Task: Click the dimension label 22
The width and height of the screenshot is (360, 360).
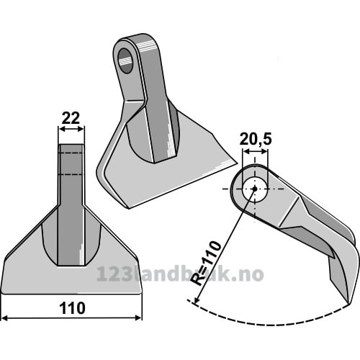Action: point(71,118)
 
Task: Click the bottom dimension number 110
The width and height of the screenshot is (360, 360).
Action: point(72,308)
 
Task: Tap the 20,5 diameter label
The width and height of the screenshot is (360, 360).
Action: point(256,140)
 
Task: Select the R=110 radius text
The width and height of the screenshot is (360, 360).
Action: point(205,263)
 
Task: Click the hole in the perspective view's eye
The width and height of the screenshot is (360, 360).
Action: point(126,60)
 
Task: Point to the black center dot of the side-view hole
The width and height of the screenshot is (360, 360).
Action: point(255,189)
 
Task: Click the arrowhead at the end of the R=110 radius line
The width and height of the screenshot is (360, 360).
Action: point(196,300)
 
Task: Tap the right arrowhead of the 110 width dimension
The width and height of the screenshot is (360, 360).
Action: point(139,318)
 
